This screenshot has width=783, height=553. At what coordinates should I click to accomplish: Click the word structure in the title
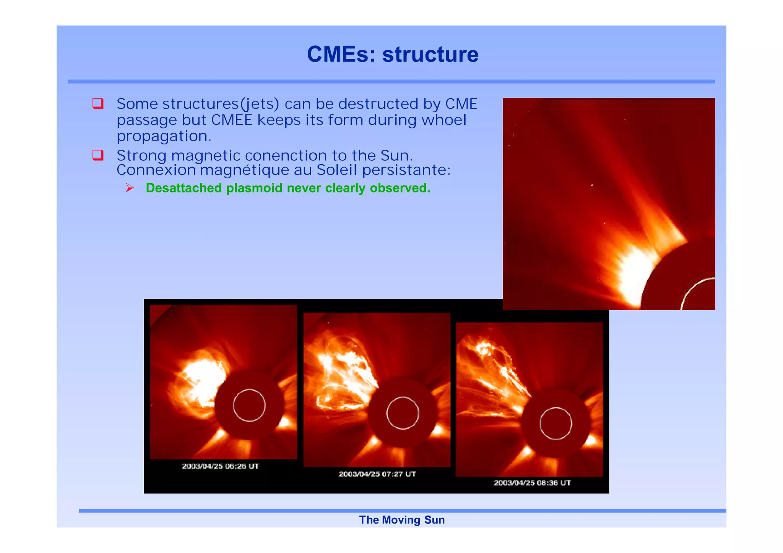430,54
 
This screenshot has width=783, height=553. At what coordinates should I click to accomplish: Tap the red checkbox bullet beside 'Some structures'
98,103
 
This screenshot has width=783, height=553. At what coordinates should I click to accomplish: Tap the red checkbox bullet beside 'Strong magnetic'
98,155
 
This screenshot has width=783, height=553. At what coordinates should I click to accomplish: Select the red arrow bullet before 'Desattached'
130,188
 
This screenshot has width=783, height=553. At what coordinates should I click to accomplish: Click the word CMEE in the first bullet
232,120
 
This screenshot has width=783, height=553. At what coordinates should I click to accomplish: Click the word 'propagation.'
164,136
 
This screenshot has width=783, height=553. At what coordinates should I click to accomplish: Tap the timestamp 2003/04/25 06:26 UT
221,466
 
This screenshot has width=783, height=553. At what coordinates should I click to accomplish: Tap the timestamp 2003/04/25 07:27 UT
377,474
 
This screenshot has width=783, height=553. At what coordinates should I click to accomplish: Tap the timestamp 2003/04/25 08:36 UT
532,483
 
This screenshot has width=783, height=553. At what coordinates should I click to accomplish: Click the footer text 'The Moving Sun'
402,520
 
